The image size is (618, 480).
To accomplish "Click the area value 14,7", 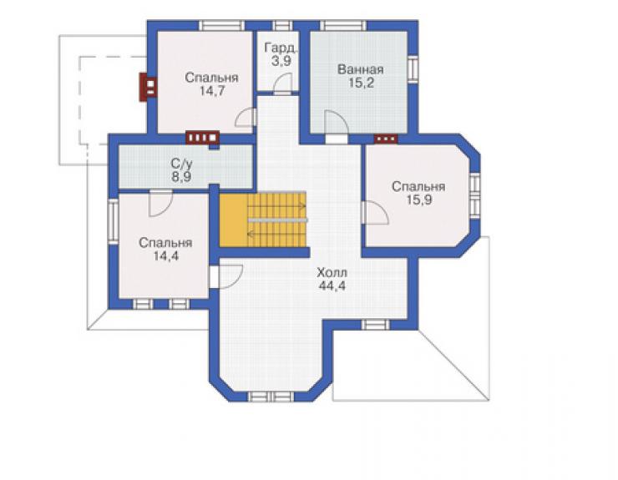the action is (211, 91).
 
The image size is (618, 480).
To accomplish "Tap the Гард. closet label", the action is (281, 48).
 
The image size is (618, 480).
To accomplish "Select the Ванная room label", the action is (361, 70).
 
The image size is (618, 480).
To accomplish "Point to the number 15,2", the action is (361, 83).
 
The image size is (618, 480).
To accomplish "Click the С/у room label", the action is (182, 163).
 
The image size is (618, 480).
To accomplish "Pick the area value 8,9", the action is (181, 176).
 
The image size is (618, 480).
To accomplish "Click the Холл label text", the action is (332, 272).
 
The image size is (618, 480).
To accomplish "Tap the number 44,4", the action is (332, 285).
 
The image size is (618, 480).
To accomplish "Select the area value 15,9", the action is (419, 200).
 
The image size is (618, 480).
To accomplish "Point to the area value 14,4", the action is (166, 256).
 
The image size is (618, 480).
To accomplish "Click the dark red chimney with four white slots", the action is (203, 138).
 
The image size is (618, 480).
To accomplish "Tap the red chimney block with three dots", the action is (386, 139).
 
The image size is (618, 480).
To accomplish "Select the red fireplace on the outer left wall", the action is (148, 87).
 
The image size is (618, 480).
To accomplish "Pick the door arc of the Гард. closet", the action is (282, 84).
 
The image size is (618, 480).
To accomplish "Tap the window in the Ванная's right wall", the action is (413, 69).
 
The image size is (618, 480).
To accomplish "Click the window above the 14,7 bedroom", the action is (221, 26).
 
